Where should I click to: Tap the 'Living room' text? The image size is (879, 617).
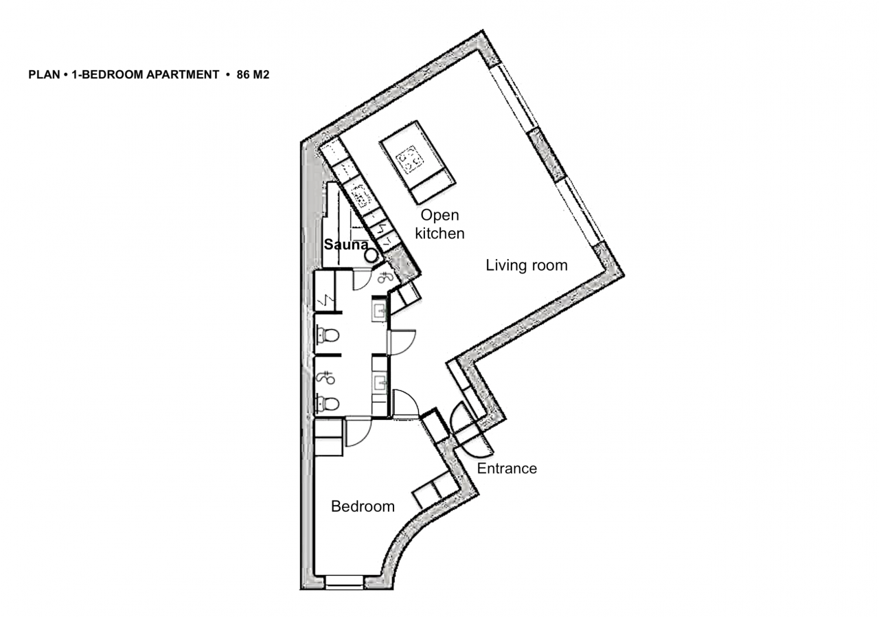point(527,265)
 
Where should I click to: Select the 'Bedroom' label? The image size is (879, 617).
point(363,507)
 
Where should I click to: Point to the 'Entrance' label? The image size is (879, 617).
point(507,469)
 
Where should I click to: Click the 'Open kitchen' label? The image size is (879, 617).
point(439,224)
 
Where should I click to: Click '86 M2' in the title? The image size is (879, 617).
point(253,75)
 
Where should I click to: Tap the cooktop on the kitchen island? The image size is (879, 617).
point(411,160)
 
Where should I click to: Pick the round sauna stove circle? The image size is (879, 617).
point(371,255)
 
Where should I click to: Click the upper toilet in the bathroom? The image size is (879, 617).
point(328,336)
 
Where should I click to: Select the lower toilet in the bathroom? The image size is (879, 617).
point(328,403)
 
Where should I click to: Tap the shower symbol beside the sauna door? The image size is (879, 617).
point(385,278)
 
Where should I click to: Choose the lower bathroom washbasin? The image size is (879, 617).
point(379,381)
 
